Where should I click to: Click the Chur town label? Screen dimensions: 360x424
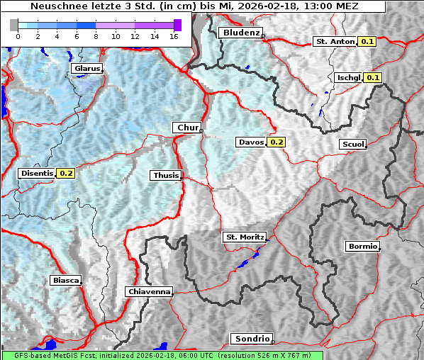[x=187, y=128]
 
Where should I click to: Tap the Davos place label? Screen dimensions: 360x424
[x=250, y=142]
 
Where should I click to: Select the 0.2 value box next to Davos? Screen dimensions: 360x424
[x=277, y=142]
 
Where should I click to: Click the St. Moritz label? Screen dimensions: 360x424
[x=244, y=237]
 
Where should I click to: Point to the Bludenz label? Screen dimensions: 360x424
[x=240, y=33]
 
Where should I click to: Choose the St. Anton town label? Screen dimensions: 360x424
[x=334, y=42]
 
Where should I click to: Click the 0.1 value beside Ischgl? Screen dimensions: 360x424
[x=373, y=77]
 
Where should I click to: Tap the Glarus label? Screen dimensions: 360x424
[x=87, y=69]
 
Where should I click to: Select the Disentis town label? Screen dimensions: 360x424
[x=37, y=173]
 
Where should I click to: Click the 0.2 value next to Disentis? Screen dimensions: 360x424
[x=66, y=173]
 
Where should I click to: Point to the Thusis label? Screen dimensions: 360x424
[x=165, y=175]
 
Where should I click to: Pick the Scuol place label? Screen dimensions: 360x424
[x=352, y=145]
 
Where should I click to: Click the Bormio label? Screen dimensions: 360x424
[x=362, y=247]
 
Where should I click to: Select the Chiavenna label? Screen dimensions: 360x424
[x=149, y=291]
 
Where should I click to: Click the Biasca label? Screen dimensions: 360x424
[x=65, y=281]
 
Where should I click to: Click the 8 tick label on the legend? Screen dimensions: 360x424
[x=96, y=35]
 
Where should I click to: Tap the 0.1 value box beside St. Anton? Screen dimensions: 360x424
[x=367, y=42]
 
